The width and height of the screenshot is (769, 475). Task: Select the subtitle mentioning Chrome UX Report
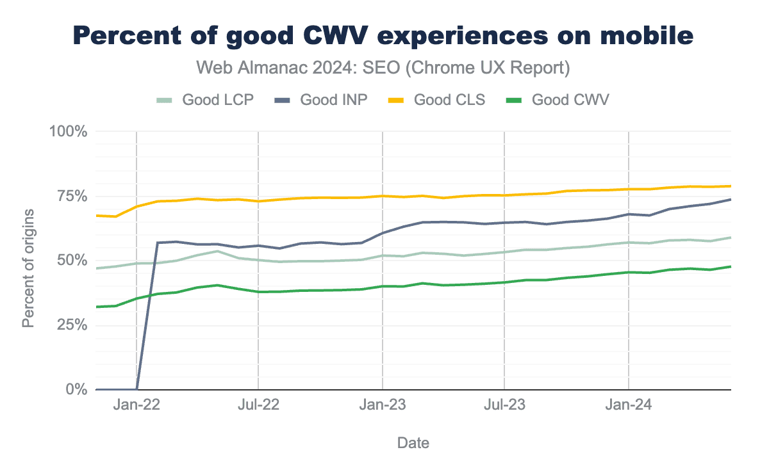[383, 67]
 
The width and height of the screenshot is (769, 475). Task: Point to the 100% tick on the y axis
[69, 132]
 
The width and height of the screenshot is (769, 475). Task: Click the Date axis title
[413, 443]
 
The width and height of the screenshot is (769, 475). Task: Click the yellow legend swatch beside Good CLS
[402, 100]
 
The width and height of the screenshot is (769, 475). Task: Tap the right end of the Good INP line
[731, 199]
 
